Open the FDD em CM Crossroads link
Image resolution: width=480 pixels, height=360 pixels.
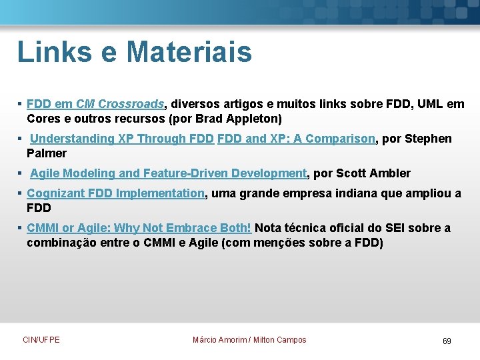coord(95,104)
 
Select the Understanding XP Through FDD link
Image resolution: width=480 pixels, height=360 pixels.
coord(122,139)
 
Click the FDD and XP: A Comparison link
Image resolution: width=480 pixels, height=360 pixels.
coord(297,139)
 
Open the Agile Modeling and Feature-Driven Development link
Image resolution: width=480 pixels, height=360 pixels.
coord(168,173)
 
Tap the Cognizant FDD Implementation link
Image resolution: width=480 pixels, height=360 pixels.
coord(115,193)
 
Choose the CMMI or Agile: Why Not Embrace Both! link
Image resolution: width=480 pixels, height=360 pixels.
coord(139,228)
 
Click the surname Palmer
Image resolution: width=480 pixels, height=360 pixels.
coord(47,153)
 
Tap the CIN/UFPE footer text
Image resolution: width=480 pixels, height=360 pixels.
coord(41,340)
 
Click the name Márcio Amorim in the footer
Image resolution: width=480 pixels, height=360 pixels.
coord(219,340)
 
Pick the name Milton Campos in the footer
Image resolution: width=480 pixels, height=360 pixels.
coord(280,340)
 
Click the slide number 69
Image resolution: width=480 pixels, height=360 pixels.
coord(447,341)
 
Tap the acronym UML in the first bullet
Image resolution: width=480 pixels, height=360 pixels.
coord(432,104)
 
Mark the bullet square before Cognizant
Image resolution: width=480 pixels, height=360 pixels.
coord(21,193)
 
